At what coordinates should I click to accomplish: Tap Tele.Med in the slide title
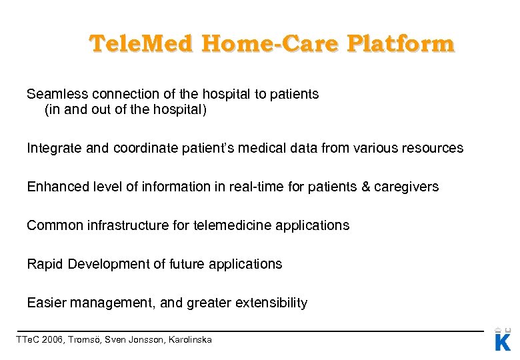(x=138, y=44)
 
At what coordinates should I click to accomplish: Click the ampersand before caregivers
(x=365, y=187)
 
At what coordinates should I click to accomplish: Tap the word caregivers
(x=406, y=187)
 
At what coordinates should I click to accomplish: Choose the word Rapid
(x=44, y=264)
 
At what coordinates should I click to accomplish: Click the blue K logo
(x=503, y=341)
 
